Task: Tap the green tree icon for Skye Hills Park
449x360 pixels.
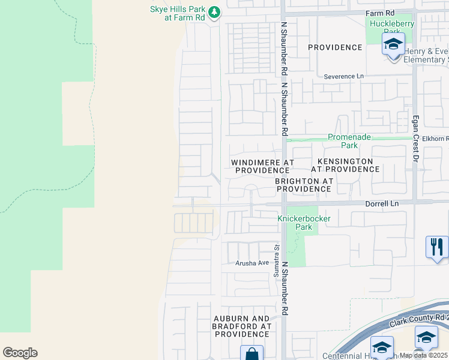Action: [x=214, y=12]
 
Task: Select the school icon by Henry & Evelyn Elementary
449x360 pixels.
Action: [x=393, y=44]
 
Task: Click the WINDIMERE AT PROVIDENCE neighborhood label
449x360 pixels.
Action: [x=262, y=166]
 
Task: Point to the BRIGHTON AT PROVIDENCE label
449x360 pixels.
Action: [x=303, y=185]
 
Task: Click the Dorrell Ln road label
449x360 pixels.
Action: [x=382, y=203]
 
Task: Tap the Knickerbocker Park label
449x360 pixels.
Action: [x=304, y=223]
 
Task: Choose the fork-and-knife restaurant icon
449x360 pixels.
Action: [x=436, y=247]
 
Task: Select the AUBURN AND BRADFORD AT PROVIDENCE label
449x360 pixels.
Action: [x=241, y=326]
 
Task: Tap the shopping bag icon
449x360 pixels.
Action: [x=252, y=353]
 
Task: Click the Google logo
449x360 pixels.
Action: [x=20, y=353]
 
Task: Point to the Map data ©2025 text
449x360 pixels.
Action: [x=423, y=355]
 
